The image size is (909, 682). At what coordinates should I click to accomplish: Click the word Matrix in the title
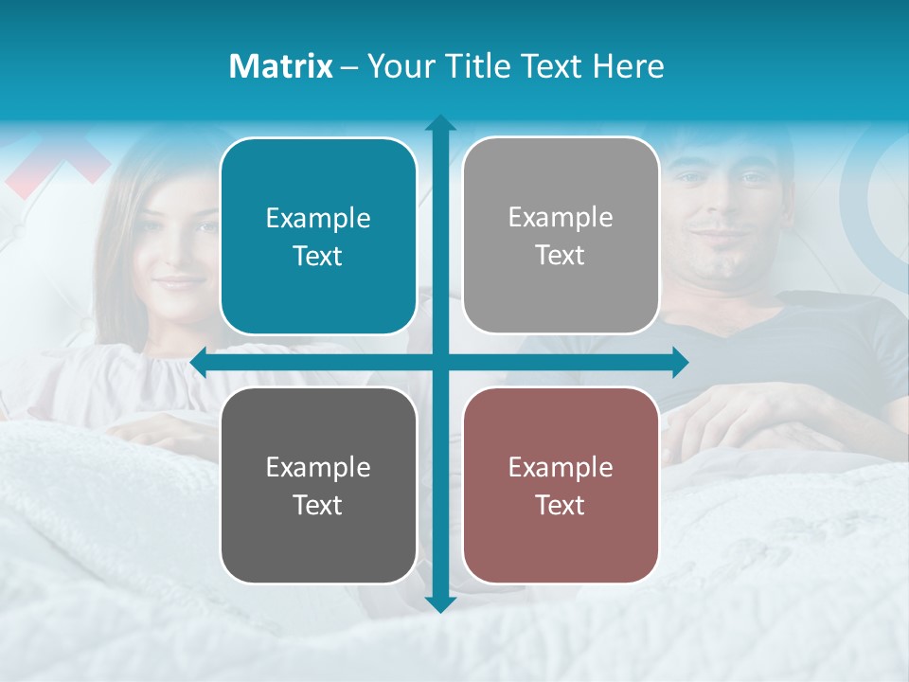281,66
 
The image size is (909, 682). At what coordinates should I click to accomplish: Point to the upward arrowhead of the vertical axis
440,123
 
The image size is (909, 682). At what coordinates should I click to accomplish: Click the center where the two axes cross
440,362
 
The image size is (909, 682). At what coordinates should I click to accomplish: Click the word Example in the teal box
318,219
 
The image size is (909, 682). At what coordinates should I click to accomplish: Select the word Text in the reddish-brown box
561,505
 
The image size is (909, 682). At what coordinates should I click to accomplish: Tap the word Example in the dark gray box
318,467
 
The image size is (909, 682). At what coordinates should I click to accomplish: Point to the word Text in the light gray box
561,255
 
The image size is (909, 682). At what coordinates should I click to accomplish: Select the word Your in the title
399,66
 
